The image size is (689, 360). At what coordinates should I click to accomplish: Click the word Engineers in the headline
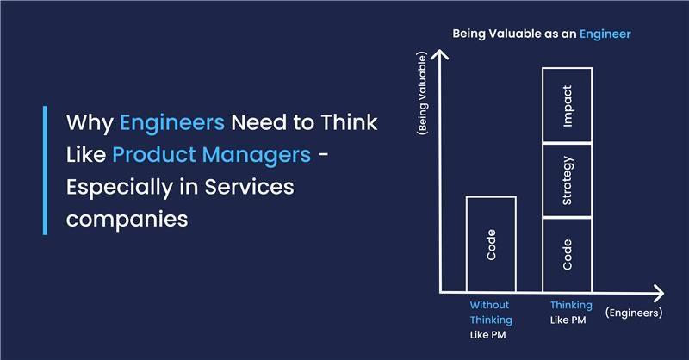click(172, 122)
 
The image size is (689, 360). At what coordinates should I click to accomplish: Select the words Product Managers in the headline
click(210, 155)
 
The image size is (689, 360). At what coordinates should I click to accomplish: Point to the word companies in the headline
click(127, 219)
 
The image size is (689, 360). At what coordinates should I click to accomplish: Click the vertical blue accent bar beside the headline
click(45, 171)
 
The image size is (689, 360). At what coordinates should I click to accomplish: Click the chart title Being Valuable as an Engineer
click(542, 34)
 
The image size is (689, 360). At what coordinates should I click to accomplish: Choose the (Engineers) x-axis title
click(633, 313)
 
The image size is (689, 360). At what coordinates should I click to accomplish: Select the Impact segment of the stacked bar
click(567, 104)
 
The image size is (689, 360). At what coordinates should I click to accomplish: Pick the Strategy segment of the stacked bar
click(567, 179)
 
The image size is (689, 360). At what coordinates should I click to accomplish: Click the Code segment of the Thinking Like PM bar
click(567, 254)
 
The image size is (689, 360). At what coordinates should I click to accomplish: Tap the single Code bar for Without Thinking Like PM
click(491, 244)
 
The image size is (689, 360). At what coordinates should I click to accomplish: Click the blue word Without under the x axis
click(489, 305)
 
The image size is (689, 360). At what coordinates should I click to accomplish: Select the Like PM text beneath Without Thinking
click(489, 334)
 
